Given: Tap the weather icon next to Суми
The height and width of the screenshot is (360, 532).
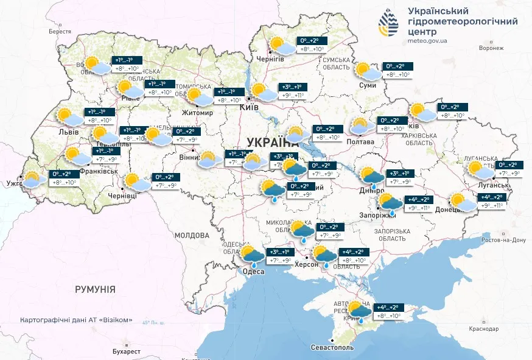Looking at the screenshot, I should tap(367, 72).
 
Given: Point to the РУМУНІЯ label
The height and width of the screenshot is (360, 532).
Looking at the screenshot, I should tap(95, 289).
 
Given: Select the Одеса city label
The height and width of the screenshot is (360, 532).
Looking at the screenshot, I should tap(254, 271).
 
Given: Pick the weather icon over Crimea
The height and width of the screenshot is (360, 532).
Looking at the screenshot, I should tap(359, 311).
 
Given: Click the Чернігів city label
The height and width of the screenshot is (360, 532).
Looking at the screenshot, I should tap(270, 59).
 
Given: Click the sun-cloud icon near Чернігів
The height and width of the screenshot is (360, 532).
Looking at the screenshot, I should tap(281, 46).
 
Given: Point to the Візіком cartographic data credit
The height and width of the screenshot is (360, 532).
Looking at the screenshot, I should tap(76, 320).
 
